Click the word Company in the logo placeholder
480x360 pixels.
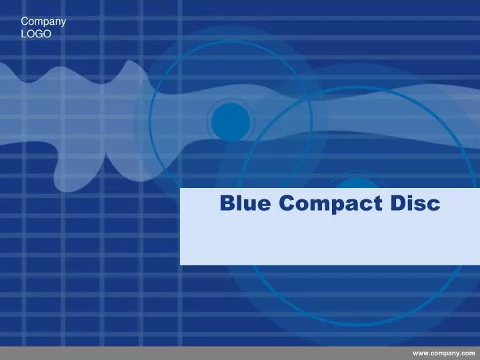tap(43, 21)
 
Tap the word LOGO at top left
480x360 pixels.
tap(36, 33)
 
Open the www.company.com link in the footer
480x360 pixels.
tap(443, 353)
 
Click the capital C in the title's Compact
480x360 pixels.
tap(286, 203)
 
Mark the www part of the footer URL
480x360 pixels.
tap(421, 353)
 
